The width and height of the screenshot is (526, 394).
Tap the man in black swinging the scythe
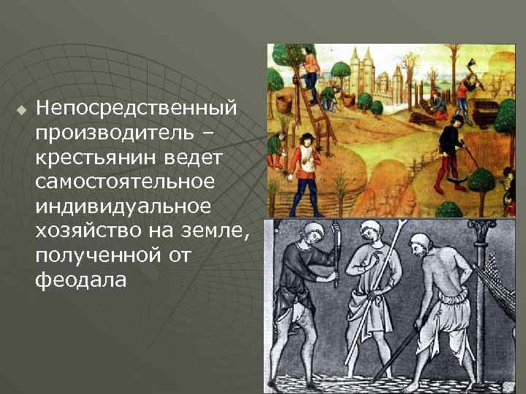(451, 142)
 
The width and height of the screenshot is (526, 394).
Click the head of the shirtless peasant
(423, 247)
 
